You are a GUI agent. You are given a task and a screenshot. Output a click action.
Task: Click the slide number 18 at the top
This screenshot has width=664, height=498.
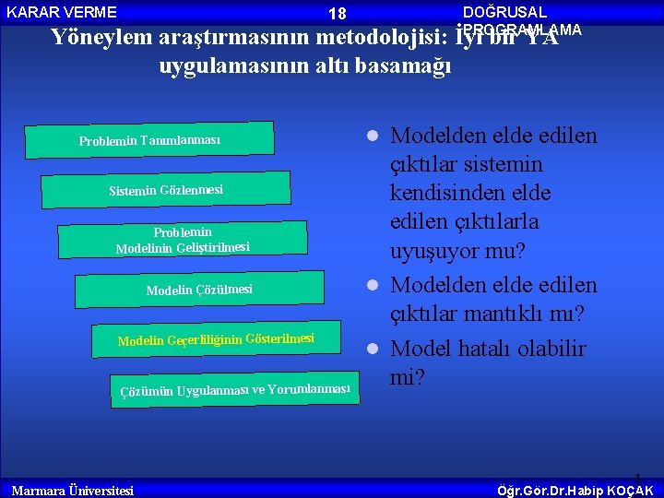point(337,14)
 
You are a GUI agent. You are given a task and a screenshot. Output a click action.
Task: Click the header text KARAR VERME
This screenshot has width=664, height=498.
point(62,12)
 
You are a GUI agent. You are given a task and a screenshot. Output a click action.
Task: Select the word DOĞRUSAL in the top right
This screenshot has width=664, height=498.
point(504,12)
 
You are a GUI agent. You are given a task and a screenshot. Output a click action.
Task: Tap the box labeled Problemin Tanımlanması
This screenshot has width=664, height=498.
point(149,140)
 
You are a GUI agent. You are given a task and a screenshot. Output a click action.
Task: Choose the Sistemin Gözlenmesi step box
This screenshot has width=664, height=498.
point(166,190)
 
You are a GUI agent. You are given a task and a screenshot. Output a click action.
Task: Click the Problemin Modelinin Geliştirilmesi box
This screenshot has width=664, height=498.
point(183,240)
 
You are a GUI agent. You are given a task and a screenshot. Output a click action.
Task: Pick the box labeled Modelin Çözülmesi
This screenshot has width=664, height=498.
point(199,290)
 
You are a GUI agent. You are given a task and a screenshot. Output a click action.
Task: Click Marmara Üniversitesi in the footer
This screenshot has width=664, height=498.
point(72,490)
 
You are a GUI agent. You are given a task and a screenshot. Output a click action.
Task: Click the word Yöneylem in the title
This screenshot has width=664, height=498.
point(103,38)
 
